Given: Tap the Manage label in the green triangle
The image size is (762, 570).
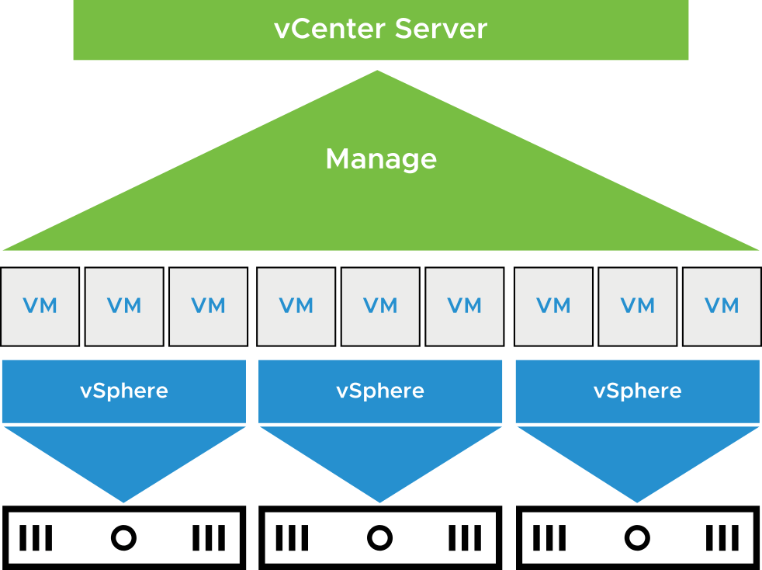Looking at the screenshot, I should [x=381, y=159].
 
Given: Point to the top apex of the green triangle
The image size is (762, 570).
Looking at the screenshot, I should [x=378, y=72].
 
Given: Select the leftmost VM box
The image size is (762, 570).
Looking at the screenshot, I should [x=40, y=306].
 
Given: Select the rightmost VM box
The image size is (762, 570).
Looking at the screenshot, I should [x=722, y=306].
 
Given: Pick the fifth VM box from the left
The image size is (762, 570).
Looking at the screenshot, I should [x=380, y=306].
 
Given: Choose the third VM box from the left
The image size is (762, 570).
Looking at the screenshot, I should [x=208, y=306].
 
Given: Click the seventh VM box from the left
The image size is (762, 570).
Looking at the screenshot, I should [x=553, y=306].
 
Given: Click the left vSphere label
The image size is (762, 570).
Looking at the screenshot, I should [x=124, y=391].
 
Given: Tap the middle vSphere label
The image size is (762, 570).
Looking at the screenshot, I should [x=380, y=391].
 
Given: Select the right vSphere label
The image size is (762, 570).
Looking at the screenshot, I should [x=638, y=391].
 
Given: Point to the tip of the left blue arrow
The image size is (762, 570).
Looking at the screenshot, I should [x=124, y=501].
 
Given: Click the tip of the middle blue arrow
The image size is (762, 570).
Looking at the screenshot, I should [x=380, y=501].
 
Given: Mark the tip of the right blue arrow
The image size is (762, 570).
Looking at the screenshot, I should [x=638, y=501].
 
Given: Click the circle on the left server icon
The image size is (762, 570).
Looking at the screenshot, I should [x=123, y=537].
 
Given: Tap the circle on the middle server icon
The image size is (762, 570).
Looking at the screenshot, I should [x=379, y=537].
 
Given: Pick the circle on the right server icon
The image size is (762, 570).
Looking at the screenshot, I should [x=637, y=537].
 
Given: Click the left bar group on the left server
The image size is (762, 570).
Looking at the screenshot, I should [x=36, y=537].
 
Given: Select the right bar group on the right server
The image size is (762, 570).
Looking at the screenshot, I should [x=722, y=537].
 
